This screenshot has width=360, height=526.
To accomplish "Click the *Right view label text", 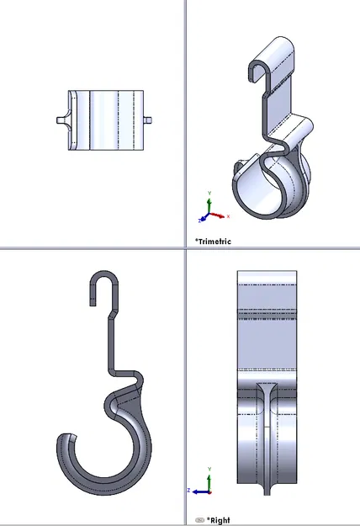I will (219, 520).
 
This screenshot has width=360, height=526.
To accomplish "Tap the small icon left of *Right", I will (199, 520).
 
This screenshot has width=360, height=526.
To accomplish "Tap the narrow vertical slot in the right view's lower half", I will (267, 446).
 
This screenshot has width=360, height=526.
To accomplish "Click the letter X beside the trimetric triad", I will (227, 215).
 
